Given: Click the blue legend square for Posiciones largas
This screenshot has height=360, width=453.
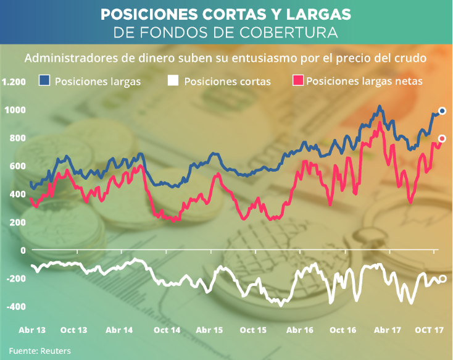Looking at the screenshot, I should (44, 80).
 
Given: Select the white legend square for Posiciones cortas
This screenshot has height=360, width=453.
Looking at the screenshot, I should (173, 80).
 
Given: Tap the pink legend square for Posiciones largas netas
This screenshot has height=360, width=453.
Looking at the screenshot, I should (298, 80).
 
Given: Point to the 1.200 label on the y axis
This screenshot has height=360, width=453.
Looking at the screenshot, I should (14, 82).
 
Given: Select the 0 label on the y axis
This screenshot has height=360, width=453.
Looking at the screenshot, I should (23, 250).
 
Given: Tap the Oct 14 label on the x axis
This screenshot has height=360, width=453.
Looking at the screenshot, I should (168, 330).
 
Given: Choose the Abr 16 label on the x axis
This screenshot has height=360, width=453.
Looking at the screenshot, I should (301, 330).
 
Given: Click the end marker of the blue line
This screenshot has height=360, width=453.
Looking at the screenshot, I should (442, 111).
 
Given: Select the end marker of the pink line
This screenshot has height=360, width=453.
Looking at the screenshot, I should (442, 138).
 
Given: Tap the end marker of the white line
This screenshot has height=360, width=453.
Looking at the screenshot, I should (442, 278).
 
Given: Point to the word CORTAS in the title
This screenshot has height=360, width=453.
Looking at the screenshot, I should (244, 14).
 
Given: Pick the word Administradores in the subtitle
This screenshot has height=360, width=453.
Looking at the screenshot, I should (65, 59).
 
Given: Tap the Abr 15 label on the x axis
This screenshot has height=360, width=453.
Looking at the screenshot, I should (209, 330).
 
